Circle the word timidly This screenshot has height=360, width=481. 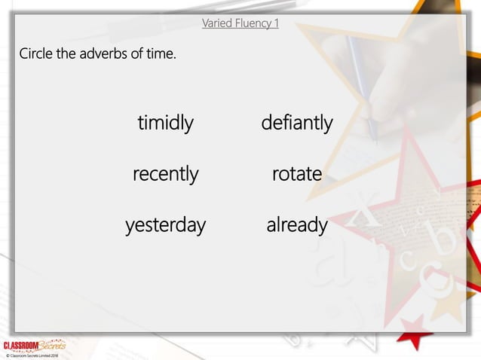(165, 123)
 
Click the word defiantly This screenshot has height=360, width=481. (296, 123)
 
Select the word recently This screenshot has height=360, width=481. (165, 174)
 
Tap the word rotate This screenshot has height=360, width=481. (296, 174)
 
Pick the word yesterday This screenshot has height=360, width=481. (165, 224)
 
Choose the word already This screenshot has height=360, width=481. (296, 224)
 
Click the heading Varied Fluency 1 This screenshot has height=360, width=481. (240, 23)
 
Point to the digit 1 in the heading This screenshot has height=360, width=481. (276, 23)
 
